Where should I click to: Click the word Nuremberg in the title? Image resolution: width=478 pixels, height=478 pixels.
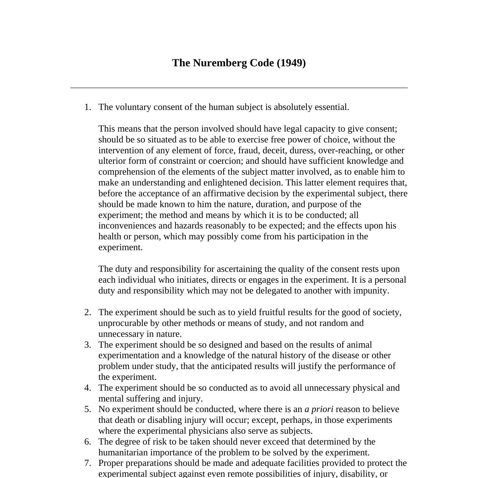coord(220,63)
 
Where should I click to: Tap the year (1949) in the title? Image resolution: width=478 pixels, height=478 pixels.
coord(291,63)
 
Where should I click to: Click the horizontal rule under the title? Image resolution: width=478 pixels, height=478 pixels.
coord(239,87)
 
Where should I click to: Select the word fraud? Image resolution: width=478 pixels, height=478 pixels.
coord(248,150)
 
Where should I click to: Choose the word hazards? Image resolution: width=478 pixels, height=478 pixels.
coord(189,226)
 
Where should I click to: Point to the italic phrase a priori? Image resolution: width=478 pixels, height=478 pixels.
coord(319,409)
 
